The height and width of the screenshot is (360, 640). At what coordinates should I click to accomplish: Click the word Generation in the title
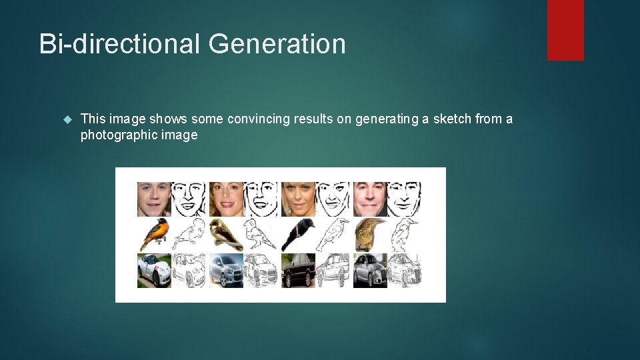[x=277, y=44]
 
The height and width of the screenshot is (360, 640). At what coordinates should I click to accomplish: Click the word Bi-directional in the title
[x=120, y=44]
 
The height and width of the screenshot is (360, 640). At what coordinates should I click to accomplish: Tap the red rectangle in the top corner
[x=565, y=30]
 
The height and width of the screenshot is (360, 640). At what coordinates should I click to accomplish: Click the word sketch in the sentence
[x=452, y=119]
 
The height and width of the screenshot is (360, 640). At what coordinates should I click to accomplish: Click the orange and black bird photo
[x=154, y=235]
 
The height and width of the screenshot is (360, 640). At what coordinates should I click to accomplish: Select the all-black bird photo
[x=298, y=235]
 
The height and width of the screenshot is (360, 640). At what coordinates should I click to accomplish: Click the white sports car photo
[x=154, y=271]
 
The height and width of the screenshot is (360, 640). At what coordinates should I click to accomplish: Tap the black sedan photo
[x=298, y=271]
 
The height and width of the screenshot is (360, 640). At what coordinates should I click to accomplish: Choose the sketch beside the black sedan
[x=333, y=271]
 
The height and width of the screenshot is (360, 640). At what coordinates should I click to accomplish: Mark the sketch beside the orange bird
[x=189, y=235]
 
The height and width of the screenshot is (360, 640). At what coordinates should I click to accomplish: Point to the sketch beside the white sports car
[x=189, y=271]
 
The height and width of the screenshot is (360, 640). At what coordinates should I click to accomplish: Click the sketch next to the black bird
[x=333, y=235]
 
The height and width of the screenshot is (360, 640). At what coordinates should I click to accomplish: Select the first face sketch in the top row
[x=189, y=199]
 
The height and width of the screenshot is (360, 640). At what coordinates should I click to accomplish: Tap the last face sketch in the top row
[x=405, y=199]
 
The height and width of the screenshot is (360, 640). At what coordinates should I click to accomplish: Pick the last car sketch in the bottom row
[x=405, y=271]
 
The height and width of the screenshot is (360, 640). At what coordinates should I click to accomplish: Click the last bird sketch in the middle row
[x=405, y=235]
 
